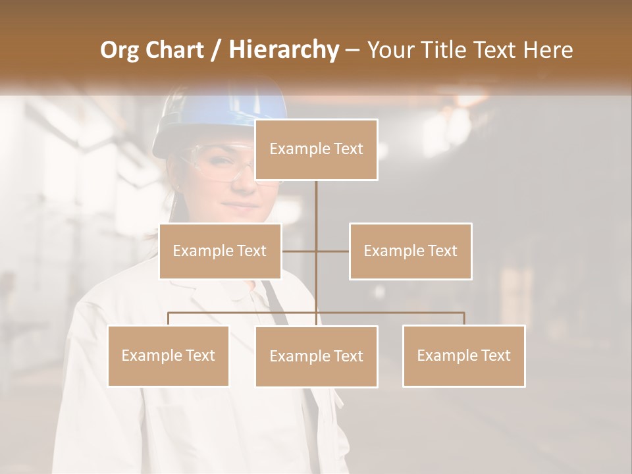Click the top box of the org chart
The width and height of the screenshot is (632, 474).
click(316, 149)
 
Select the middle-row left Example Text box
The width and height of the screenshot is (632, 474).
click(220, 251)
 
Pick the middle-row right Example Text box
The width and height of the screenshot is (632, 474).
click(410, 251)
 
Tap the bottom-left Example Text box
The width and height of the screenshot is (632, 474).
click(169, 355)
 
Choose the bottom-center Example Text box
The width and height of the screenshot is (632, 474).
click(316, 356)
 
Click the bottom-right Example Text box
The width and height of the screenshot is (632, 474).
click(463, 355)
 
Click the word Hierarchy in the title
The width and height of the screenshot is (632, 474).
click(284, 50)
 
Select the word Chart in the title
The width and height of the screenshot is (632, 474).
click(176, 50)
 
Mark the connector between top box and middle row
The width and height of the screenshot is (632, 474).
click(316, 211)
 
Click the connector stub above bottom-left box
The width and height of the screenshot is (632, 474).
click(169, 319)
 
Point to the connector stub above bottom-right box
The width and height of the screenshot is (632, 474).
click(463, 319)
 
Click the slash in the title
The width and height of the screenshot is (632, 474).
click(215, 50)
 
